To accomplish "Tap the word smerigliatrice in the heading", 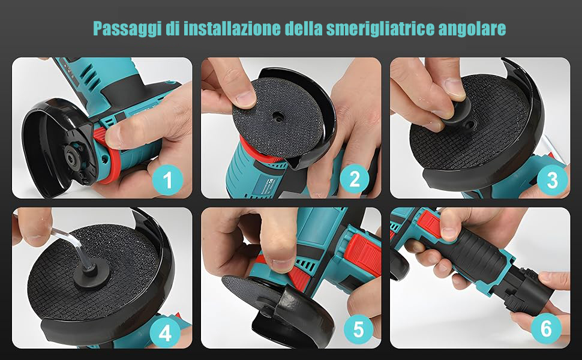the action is click(x=379, y=29).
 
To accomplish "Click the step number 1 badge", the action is click(x=167, y=179).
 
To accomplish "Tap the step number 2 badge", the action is click(x=355, y=179).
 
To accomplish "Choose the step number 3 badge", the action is click(x=553, y=181).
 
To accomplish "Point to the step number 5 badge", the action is click(x=358, y=329).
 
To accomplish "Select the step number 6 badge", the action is click(x=546, y=328).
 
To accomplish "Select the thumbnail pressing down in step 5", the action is click(x=283, y=264).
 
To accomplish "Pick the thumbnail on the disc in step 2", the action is click(x=245, y=98).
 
